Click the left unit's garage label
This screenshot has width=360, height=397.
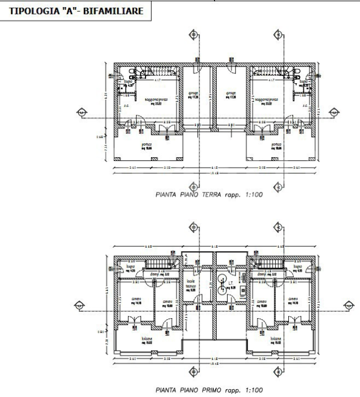pyautogui.click(x=192, y=94)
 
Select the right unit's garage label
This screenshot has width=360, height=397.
pyautogui.click(x=231, y=94)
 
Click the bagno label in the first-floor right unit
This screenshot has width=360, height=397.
pyautogui.click(x=298, y=268)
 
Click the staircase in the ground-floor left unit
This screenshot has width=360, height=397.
pyautogui.click(x=157, y=72)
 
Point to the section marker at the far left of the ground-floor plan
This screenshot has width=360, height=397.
pyautogui.click(x=81, y=112)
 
